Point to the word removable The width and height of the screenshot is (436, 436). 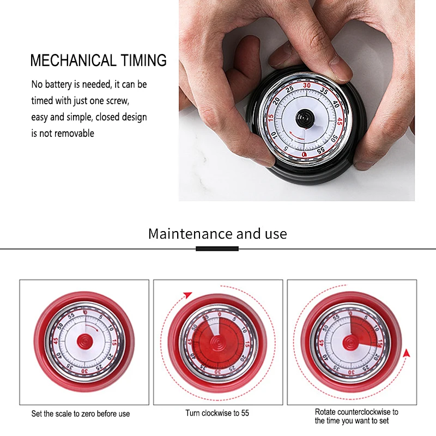pos(74,133)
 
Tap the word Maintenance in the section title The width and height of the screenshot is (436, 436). pos(190,234)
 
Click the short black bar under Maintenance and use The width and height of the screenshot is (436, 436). pos(217,249)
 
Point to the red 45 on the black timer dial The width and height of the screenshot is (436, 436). pos(339,122)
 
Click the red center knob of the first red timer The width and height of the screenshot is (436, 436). pos(84,341)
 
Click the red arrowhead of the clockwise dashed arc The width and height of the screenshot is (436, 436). pos(188,295)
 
